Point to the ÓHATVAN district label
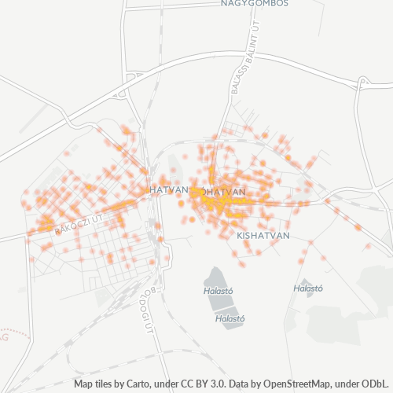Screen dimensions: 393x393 pos(222,192)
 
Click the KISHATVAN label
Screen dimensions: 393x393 pos(263,235)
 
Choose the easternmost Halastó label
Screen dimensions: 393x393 pos(308,288)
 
